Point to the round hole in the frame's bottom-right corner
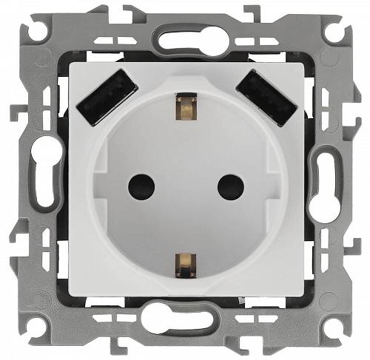pos(335,326)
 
